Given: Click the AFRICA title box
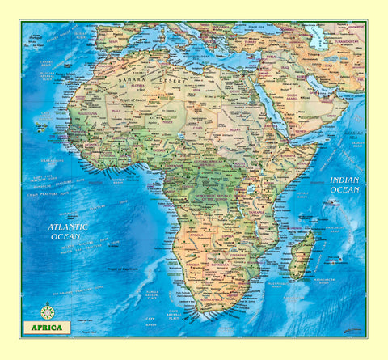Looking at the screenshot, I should coord(47,328).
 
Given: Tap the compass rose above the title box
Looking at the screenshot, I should coord(47,311).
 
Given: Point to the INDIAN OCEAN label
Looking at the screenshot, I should coord(344,184).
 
